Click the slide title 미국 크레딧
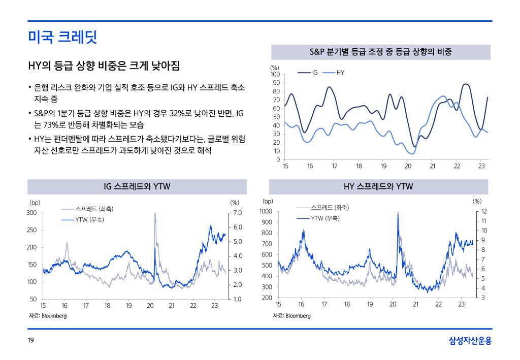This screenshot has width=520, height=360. click(62, 37)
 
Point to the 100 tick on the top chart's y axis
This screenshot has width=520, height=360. click(275, 75)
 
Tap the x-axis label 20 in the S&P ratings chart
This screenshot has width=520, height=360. click(408, 167)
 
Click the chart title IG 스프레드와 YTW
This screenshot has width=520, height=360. click(137, 187)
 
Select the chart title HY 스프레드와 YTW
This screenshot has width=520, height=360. click(378, 187)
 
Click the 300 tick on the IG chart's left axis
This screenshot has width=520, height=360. click(32, 213)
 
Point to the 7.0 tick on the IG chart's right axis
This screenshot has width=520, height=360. click(237, 213)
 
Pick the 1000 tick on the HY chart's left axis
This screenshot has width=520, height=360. click(266, 211)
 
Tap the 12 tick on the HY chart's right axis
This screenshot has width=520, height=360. click(484, 211)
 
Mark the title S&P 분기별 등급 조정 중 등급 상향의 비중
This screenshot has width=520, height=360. click(380, 52)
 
